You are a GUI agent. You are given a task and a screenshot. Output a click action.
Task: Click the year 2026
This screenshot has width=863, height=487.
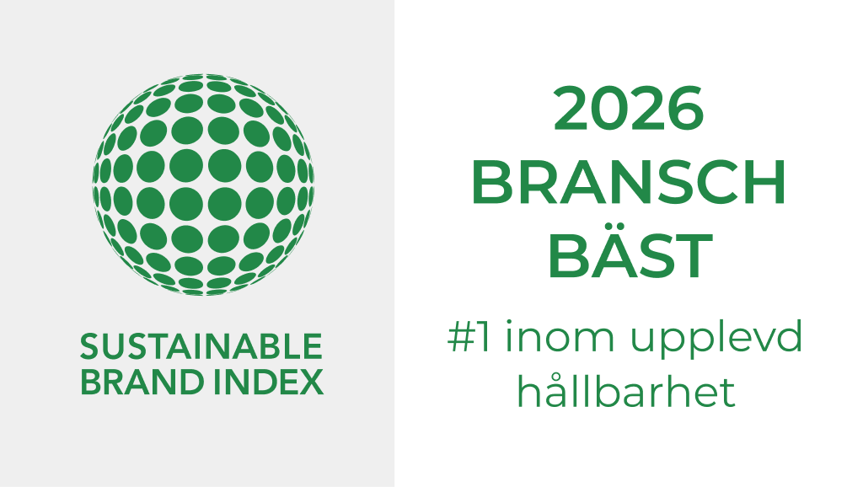point(628,110)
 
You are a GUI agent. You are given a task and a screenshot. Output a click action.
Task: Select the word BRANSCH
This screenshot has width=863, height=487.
point(628,184)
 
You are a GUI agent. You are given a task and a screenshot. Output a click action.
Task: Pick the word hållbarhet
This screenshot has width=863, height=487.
point(627,393)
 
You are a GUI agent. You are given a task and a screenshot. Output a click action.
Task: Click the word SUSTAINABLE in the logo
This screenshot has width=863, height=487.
point(201,346)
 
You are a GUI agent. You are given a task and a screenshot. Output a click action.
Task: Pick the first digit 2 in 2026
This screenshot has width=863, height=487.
point(573,110)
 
